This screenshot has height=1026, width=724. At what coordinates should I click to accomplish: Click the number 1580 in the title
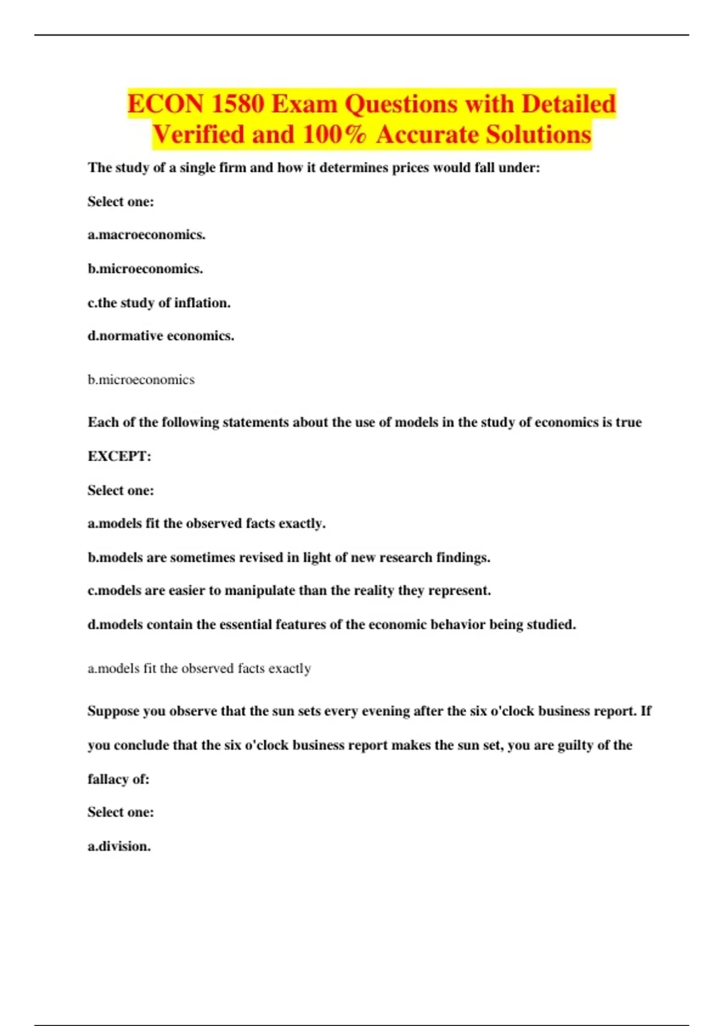(x=238, y=104)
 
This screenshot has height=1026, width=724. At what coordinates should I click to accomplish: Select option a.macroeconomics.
(x=147, y=235)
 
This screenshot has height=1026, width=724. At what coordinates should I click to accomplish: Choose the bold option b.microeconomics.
(x=145, y=269)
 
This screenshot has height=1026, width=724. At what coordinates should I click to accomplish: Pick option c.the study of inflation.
(x=159, y=302)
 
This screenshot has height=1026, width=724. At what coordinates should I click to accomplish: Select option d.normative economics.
(x=161, y=336)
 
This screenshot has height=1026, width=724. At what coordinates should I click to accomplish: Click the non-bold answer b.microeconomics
(x=141, y=380)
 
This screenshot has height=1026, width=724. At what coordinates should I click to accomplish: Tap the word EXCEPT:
(x=119, y=456)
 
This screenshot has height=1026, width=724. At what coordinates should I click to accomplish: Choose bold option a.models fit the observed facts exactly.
(x=206, y=523)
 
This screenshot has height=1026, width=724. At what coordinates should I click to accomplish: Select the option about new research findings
(x=289, y=557)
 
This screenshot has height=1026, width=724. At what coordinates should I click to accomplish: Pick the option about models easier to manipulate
(x=289, y=590)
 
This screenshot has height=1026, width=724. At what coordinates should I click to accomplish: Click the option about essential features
(x=332, y=624)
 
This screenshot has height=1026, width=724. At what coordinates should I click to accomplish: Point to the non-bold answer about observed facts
(x=199, y=668)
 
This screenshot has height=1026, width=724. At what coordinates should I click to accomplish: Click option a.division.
(x=119, y=846)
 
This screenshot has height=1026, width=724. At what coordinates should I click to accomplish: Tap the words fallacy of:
(x=118, y=779)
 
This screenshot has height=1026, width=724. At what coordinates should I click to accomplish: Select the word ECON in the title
(x=165, y=104)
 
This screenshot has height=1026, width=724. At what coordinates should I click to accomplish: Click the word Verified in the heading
(x=197, y=135)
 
